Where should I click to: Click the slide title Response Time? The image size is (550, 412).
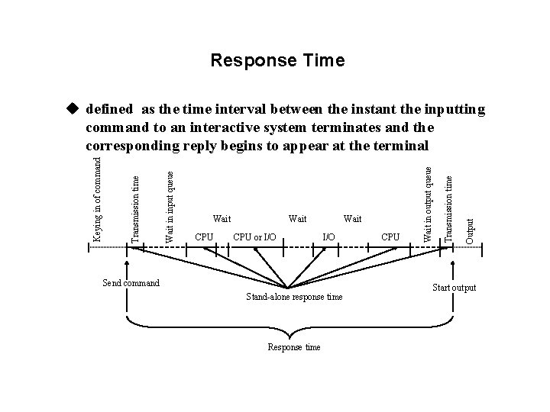(x=277, y=60)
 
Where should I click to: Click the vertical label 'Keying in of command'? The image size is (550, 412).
(x=97, y=198)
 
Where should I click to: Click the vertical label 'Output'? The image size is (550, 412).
(x=470, y=230)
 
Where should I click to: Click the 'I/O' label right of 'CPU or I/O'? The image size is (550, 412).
(x=328, y=237)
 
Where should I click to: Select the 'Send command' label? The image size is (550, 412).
(x=131, y=283)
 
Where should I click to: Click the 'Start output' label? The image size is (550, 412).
(x=454, y=288)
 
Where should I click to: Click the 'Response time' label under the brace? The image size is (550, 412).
(x=293, y=347)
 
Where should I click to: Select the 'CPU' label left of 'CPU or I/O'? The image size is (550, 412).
(x=204, y=237)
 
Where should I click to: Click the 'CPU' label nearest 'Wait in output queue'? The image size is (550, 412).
(x=390, y=237)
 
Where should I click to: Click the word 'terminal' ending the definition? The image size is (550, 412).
(x=404, y=145)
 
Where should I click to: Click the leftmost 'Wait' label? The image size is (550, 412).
(x=222, y=220)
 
